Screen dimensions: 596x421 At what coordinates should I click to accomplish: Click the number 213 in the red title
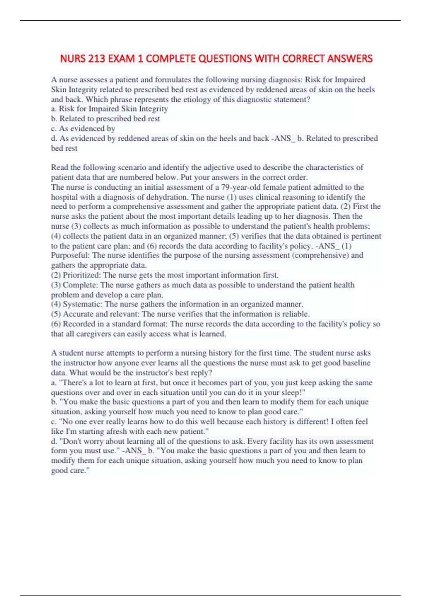point(96,58)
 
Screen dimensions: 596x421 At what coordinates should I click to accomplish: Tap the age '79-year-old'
point(241,187)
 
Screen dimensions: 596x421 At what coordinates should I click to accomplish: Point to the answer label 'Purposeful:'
point(71,255)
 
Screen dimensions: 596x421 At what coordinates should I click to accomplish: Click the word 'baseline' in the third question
point(355,363)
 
